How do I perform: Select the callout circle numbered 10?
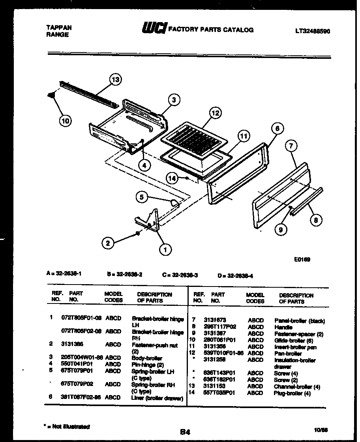[66, 121]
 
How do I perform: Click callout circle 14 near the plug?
[172, 178]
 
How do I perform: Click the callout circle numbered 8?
[315, 220]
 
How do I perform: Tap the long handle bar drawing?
[307, 201]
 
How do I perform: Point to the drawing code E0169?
[302, 259]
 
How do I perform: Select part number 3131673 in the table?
[215, 320]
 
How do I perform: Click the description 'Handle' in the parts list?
[283, 327]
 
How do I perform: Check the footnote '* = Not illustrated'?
[66, 427]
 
